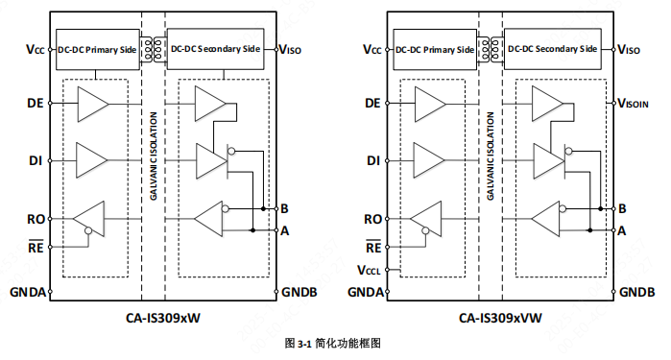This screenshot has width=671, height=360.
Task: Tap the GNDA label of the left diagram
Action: (x=27, y=291)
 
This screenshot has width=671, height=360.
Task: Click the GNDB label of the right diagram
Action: (x=636, y=291)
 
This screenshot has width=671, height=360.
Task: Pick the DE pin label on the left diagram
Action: (x=33, y=102)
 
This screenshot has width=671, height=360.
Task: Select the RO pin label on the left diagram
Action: (x=33, y=219)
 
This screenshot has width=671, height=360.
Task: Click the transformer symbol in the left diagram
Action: (x=150, y=47)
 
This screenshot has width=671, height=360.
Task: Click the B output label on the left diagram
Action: (x=284, y=207)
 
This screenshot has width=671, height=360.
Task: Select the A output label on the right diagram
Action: (x=622, y=230)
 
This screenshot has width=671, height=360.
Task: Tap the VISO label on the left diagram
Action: (x=293, y=49)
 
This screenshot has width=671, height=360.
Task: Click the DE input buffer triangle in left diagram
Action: (x=91, y=102)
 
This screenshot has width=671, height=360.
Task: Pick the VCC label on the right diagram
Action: (x=371, y=49)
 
